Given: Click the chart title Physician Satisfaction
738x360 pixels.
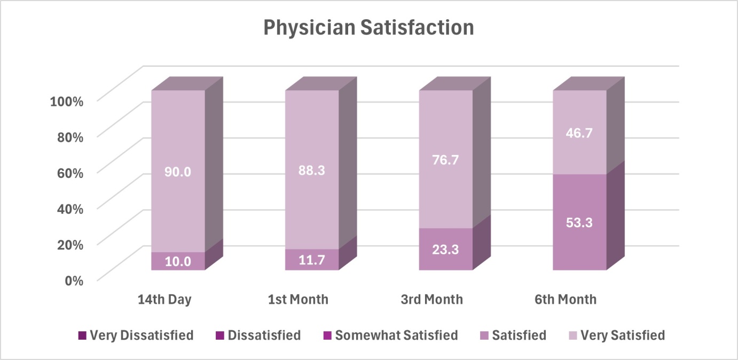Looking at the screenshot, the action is pyautogui.click(x=368, y=28).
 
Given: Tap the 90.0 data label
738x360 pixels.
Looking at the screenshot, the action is pyautogui.click(x=178, y=172).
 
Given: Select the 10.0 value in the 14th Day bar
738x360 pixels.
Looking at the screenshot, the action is pyautogui.click(x=178, y=262).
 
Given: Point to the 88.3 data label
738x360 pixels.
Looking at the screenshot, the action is pyautogui.click(x=312, y=171).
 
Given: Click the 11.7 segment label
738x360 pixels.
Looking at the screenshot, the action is pyautogui.click(x=312, y=261).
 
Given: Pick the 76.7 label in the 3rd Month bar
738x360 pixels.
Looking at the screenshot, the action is pyautogui.click(x=445, y=160).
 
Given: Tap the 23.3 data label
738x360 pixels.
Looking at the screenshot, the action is pyautogui.click(x=445, y=250).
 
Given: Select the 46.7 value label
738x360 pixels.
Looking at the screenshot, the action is pyautogui.click(x=579, y=133).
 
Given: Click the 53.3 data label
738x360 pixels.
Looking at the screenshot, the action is pyautogui.click(x=579, y=223).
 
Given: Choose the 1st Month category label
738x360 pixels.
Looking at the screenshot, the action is pyautogui.click(x=298, y=300).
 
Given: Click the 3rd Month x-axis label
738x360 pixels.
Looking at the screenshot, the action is pyautogui.click(x=432, y=300).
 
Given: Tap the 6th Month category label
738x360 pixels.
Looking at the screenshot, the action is pyautogui.click(x=566, y=300).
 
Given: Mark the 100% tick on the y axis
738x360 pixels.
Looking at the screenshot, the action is pyautogui.click(x=67, y=101).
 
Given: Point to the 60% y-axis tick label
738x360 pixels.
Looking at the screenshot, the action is pyautogui.click(x=70, y=174).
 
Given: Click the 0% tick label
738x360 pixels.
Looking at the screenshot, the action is pyautogui.click(x=74, y=281).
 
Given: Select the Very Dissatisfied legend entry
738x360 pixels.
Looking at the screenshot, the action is pyautogui.click(x=136, y=335).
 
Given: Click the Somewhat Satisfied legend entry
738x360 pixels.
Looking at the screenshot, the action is pyautogui.click(x=391, y=335).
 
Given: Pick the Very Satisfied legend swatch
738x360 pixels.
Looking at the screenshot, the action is pyautogui.click(x=574, y=336).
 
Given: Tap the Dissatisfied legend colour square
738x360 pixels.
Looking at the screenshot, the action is pyautogui.click(x=220, y=336).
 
